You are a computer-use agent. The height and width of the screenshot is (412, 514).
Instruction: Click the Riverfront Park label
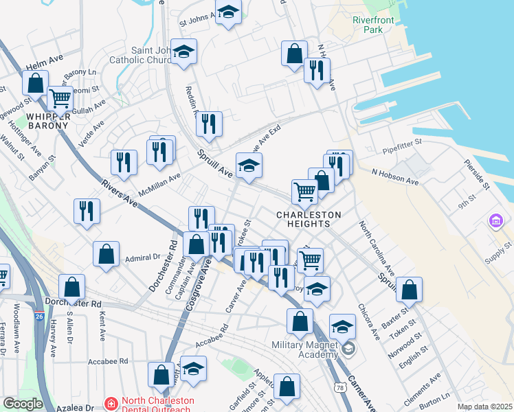372,25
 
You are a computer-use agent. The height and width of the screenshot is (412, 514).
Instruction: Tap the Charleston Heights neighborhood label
309,220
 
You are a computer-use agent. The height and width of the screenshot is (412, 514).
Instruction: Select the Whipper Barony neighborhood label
48,121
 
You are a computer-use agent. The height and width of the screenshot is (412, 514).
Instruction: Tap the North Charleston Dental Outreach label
158,405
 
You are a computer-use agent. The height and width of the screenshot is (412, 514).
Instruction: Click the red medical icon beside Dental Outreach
111,404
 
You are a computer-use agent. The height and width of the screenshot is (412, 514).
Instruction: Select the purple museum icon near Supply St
495,221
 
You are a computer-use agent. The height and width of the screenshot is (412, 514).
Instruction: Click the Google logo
22,404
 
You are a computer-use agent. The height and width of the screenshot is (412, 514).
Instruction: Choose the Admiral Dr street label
143,258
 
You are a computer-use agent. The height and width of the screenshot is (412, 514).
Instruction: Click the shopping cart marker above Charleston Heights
304,192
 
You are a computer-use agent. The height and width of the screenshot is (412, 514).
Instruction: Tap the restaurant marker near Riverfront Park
317,70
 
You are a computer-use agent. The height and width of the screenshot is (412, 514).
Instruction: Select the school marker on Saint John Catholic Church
183,51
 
